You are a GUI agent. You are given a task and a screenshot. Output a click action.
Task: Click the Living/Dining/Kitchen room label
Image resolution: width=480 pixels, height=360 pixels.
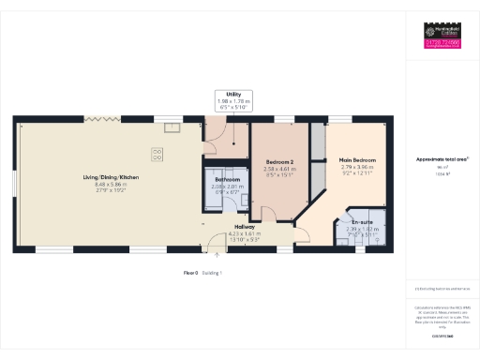point(111,177)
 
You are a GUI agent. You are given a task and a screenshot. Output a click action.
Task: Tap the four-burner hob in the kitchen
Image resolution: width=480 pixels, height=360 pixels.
point(158,152)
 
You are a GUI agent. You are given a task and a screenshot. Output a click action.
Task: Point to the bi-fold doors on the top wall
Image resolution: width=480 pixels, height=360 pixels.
point(97,118)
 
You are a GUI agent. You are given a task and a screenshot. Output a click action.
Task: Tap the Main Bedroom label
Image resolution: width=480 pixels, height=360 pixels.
point(358,160)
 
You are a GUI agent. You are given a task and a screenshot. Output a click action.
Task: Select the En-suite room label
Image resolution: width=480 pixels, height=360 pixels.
point(360,222)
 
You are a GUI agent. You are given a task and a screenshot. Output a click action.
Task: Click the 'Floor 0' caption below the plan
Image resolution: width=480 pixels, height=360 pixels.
point(192,273)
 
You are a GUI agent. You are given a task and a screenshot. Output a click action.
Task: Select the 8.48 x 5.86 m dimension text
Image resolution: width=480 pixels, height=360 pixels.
point(111,185)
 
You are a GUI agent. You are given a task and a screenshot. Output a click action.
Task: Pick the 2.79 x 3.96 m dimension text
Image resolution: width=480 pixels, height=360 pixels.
point(358,168)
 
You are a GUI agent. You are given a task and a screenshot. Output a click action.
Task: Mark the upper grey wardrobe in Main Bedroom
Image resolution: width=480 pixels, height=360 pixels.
point(317,142)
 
